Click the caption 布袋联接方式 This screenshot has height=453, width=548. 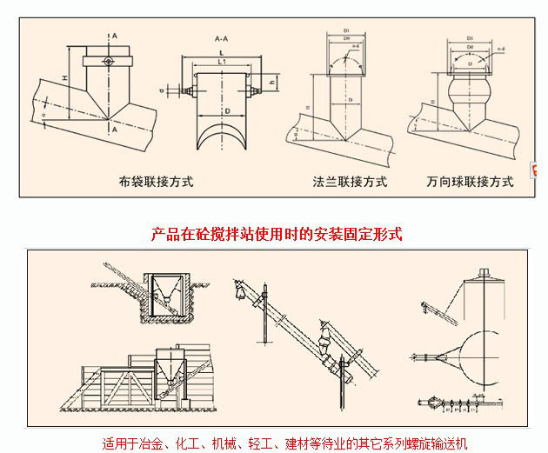coord(156,183)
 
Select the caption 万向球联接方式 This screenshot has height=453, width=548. coord(471,183)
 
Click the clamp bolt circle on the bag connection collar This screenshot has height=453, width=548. coord(107,62)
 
